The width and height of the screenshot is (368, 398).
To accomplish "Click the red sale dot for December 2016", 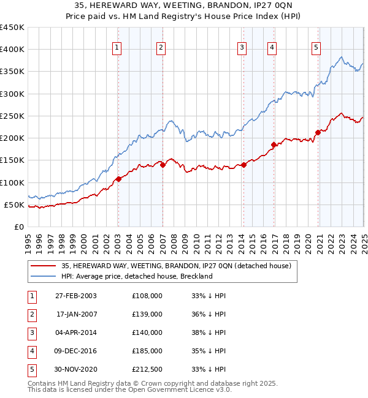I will pyautogui.click(x=274, y=145).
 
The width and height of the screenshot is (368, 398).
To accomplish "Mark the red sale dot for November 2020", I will pyautogui.click(x=318, y=132).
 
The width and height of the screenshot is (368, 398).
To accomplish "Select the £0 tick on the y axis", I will pyautogui.click(x=19, y=227).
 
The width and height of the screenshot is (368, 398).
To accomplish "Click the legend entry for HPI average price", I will pyautogui.click(x=136, y=276).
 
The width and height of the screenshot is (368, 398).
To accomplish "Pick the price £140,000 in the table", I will pyautogui.click(x=147, y=332).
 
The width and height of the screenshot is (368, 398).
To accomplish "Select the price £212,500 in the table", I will pyautogui.click(x=147, y=369).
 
